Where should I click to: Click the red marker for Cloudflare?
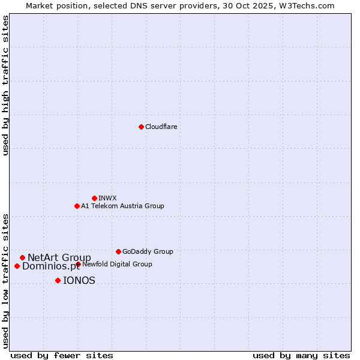click(x=141, y=127)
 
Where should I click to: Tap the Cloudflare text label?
click(x=161, y=127)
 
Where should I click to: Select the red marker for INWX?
click(x=94, y=198)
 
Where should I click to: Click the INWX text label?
click(x=108, y=198)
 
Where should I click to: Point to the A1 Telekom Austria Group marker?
click(x=77, y=206)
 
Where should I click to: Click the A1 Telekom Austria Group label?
click(x=122, y=206)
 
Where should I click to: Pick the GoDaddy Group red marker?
click(x=118, y=251)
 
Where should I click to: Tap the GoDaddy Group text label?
click(x=148, y=252)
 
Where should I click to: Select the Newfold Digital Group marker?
click(x=78, y=264)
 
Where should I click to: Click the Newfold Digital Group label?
click(x=117, y=264)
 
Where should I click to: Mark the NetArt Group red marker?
click(x=22, y=257)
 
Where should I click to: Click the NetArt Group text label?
click(x=59, y=258)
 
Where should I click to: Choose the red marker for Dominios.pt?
click(x=17, y=266)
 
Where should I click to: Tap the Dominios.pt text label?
click(x=50, y=266)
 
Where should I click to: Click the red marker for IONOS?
click(x=58, y=280)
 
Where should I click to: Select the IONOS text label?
click(x=79, y=281)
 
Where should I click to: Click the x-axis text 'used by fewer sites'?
click(x=62, y=355)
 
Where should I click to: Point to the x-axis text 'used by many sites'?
click(x=301, y=355)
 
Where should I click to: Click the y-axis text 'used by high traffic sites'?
click(x=6, y=85)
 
